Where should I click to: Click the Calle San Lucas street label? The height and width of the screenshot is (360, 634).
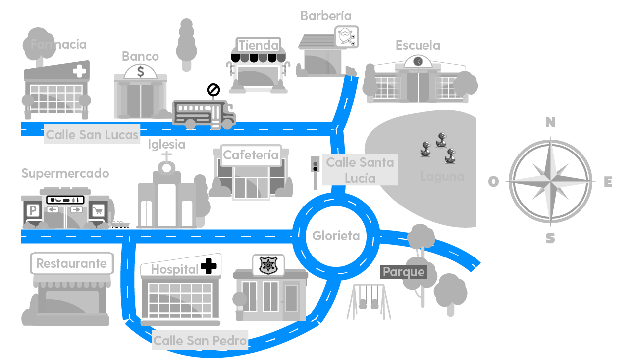click(x=92, y=135)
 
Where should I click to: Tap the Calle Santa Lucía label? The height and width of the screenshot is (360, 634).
click(x=360, y=170)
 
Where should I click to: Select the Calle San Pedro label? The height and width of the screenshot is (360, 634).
click(x=200, y=341)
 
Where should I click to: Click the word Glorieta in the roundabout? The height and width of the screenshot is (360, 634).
click(x=336, y=236)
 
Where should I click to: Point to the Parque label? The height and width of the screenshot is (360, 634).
click(x=404, y=272)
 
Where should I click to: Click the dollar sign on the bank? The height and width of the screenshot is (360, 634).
click(x=141, y=72)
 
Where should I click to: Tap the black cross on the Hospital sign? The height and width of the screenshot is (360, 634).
click(x=209, y=266)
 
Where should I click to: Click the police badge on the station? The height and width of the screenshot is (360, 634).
click(x=268, y=265)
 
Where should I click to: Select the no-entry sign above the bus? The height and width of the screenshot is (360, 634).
click(x=213, y=90)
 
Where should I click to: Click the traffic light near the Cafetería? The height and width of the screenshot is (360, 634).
click(x=315, y=165)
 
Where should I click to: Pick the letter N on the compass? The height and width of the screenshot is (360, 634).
click(x=550, y=122)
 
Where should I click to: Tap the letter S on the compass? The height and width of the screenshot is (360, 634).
click(x=550, y=239)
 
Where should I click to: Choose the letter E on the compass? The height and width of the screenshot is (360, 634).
click(x=608, y=182)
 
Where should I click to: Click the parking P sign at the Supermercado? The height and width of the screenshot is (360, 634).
click(x=33, y=211)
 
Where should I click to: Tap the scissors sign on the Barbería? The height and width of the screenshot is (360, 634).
click(x=347, y=37)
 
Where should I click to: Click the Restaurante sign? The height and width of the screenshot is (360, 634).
click(x=72, y=263)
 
